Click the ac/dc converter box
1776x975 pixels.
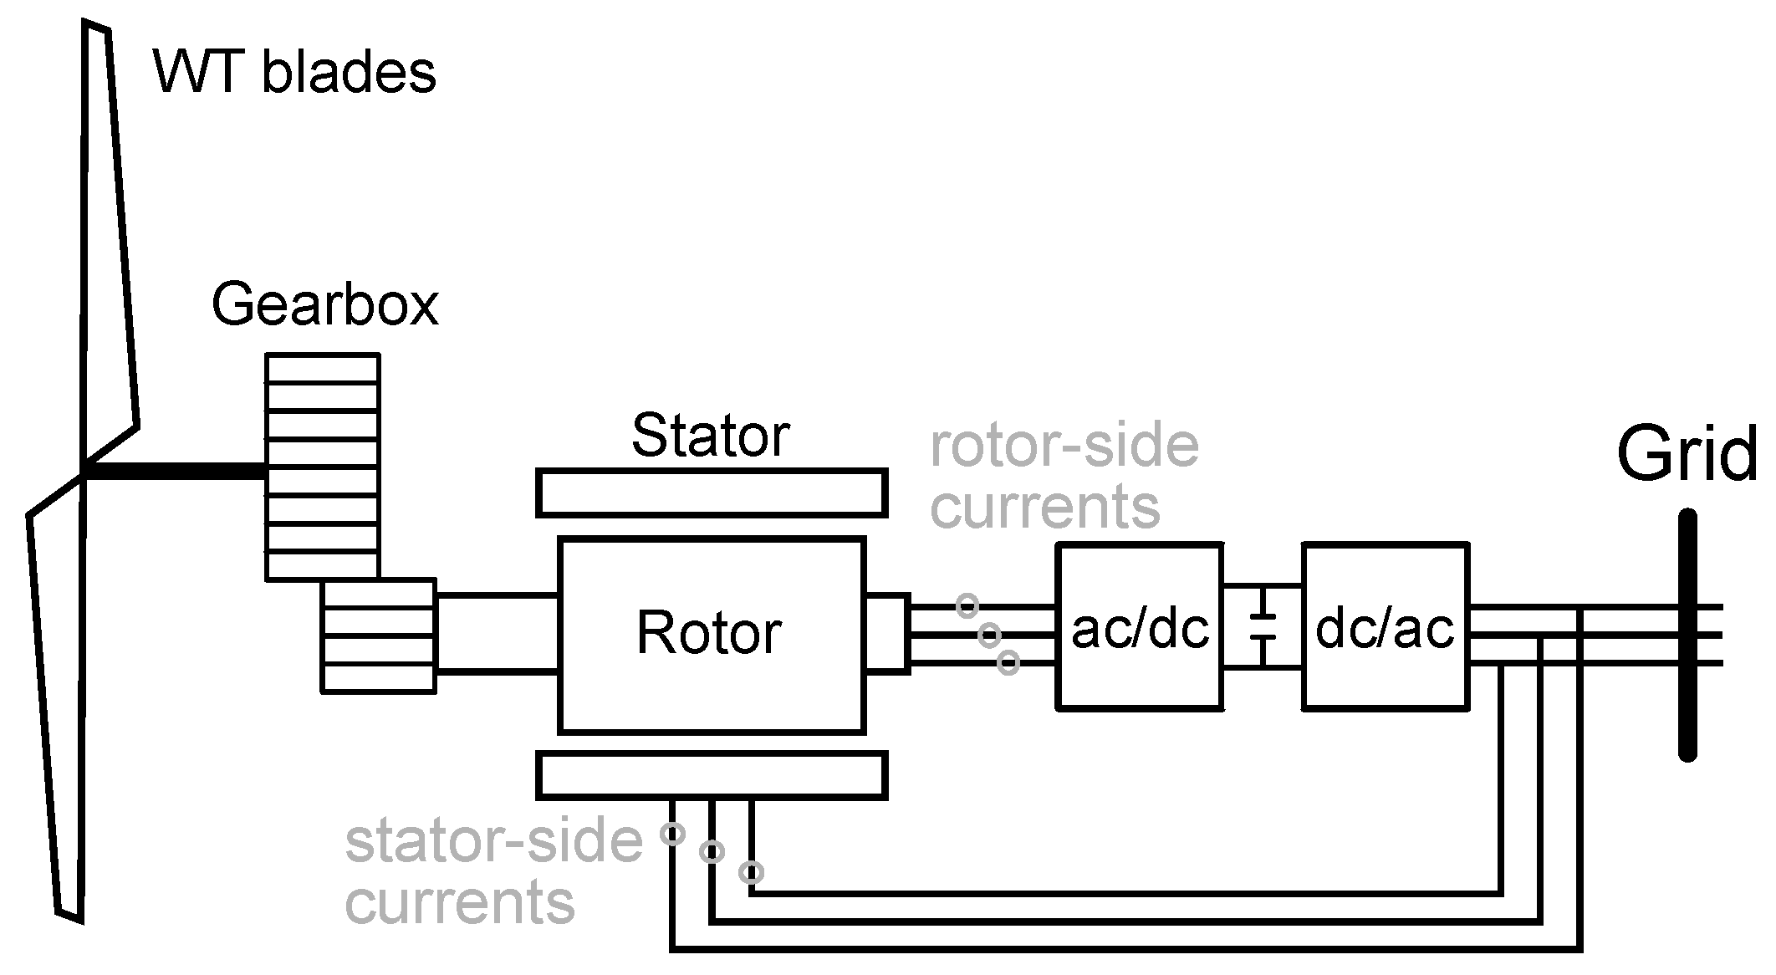pyautogui.click(x=1140, y=627)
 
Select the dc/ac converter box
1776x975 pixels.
pyautogui.click(x=1385, y=627)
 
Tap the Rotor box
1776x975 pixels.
pyautogui.click(x=711, y=636)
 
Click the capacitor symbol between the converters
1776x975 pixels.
pyautogui.click(x=1263, y=627)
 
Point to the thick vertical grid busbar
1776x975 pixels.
pyautogui.click(x=1687, y=636)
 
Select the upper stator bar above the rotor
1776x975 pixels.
pyautogui.click(x=711, y=493)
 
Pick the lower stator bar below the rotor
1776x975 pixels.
pyautogui.click(x=711, y=775)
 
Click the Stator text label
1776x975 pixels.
pyautogui.click(x=710, y=436)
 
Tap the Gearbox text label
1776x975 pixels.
pyautogui.click(x=324, y=304)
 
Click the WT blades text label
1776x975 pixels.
pyautogui.click(x=294, y=72)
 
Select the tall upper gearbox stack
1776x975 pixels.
pyautogui.click(x=322, y=467)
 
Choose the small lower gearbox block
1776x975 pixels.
pyautogui.click(x=379, y=636)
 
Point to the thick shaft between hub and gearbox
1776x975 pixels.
pyautogui.click(x=176, y=472)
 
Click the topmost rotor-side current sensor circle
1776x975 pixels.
pyautogui.click(x=967, y=605)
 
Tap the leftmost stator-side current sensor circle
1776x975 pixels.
pyautogui.click(x=672, y=834)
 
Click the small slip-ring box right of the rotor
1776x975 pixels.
pyautogui.click(x=887, y=632)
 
